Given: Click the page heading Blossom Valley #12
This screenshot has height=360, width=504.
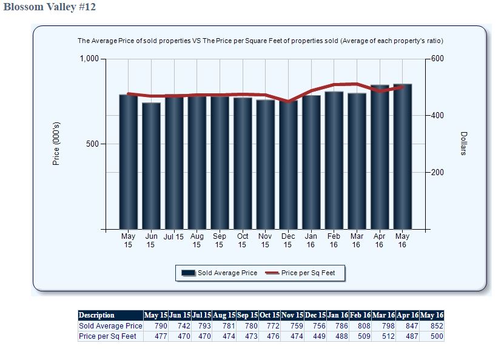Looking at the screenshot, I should [50, 7].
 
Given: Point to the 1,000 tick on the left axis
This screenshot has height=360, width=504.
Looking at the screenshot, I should [89, 59].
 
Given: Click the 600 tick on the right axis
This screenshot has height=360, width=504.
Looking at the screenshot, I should [438, 59].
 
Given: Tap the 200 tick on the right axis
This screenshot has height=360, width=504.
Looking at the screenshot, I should [438, 173].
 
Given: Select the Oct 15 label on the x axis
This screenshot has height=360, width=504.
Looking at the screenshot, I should [243, 241].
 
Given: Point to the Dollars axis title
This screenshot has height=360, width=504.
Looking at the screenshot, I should [464, 143].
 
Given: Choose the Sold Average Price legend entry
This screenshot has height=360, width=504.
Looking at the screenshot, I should [220, 273].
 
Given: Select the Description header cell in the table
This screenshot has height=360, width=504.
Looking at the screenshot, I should [97, 315].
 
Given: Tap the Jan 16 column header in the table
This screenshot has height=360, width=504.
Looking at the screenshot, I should [337, 315].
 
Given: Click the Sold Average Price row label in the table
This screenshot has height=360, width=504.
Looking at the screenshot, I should [110, 326].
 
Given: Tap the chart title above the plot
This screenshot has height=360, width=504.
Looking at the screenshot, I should [260, 41].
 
